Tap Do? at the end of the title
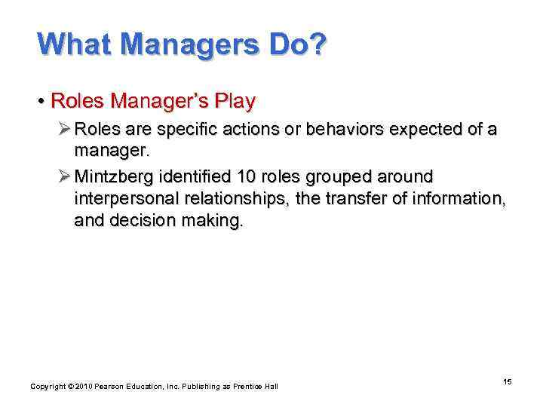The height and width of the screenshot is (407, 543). click(x=299, y=44)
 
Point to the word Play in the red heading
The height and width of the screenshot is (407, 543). click(x=235, y=101)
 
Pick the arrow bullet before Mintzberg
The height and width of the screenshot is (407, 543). click(x=63, y=176)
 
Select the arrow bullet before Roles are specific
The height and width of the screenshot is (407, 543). click(x=63, y=130)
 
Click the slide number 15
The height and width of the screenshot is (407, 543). click(x=508, y=382)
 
